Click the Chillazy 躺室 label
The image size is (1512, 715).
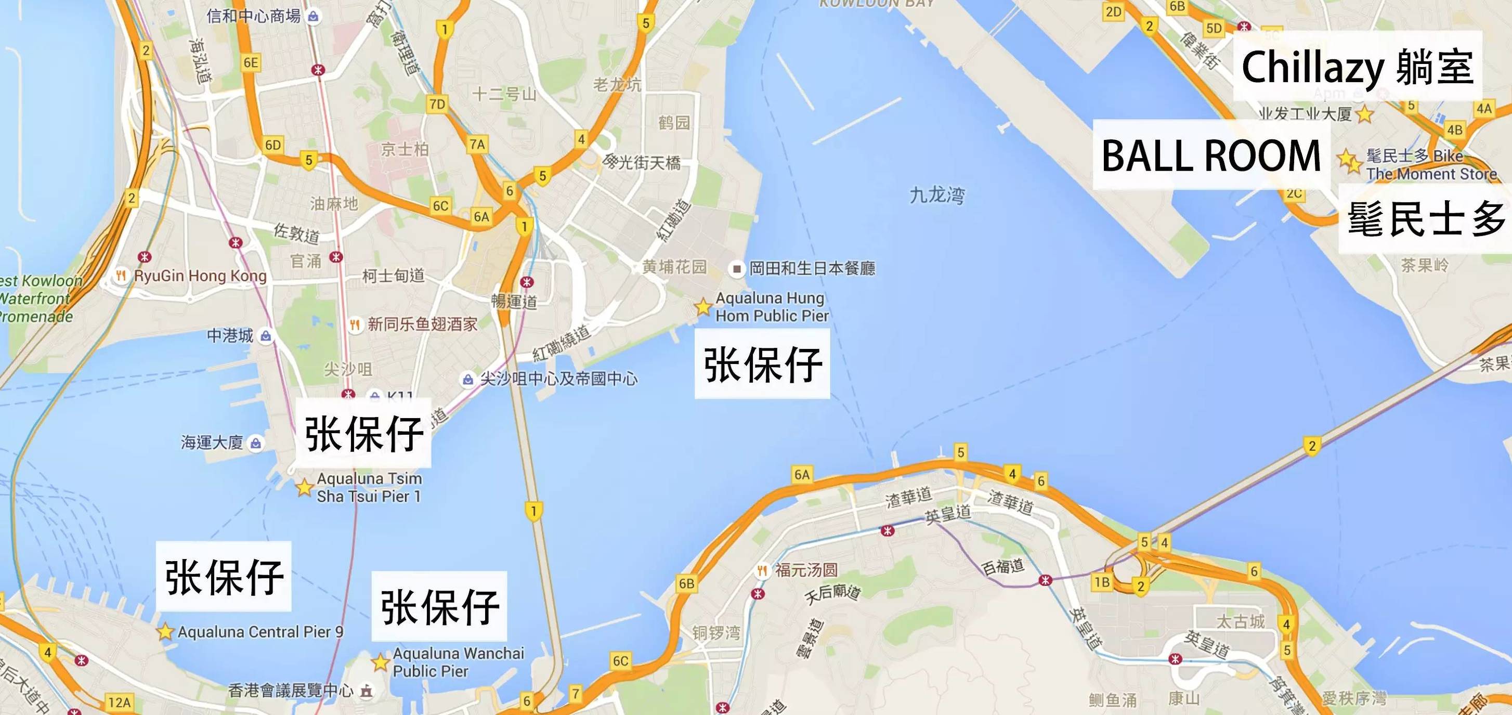(1357, 67)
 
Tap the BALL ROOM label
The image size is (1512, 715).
(1211, 156)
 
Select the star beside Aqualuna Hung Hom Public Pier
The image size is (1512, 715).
(702, 306)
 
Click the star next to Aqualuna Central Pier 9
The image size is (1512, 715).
(165, 632)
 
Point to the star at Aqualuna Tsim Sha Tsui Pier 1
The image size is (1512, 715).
(304, 487)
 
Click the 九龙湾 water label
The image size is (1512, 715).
(937, 195)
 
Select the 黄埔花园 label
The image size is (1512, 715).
(674, 267)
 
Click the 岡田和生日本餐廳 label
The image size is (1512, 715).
(812, 269)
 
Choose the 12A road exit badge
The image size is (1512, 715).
(120, 702)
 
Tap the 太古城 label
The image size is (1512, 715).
(1240, 621)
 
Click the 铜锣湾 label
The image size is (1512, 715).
(716, 633)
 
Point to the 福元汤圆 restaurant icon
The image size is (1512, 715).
(762, 570)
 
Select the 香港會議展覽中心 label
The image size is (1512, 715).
(291, 691)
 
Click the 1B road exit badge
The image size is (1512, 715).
(1102, 582)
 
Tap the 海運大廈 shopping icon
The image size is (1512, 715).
(256, 443)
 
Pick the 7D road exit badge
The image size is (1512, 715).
(437, 105)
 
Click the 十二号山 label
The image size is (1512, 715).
(504, 94)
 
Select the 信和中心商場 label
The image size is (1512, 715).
(254, 16)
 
